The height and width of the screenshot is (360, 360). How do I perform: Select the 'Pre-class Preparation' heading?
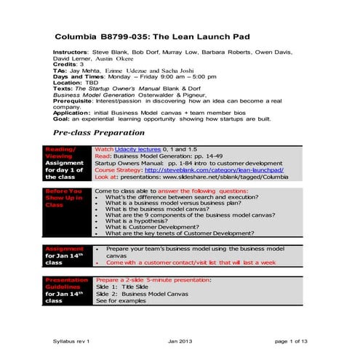[x=98, y=135]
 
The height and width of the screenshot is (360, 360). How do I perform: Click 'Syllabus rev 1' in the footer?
[x=74, y=340]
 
